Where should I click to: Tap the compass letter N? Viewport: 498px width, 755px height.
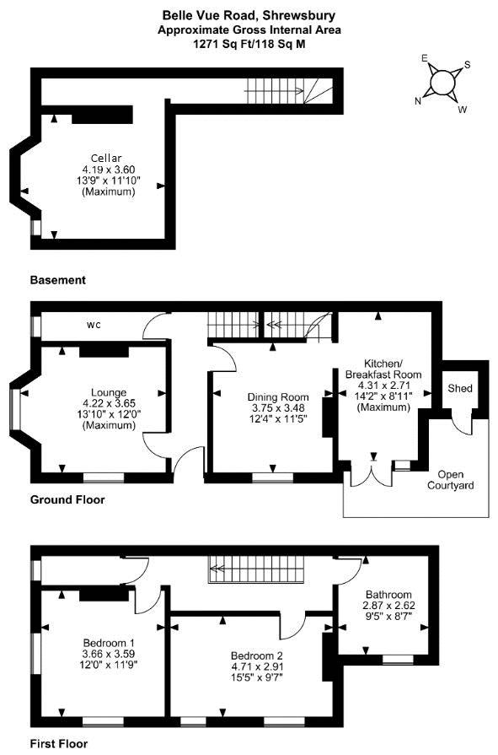418,100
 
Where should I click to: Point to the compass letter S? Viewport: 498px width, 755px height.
467,65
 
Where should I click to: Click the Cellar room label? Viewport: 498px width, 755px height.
106,158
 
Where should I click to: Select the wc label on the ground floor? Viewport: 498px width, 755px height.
94,325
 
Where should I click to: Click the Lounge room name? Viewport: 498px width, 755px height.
109,392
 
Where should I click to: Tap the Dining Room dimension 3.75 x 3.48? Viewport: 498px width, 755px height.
278,407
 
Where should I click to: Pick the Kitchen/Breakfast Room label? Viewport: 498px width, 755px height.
383,369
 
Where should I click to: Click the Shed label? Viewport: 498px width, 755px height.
460,388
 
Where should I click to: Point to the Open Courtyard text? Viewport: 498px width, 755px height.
450,480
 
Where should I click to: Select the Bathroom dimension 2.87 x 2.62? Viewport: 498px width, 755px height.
388,605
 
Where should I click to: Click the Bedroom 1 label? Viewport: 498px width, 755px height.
109,643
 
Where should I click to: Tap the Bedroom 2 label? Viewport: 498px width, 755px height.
256,655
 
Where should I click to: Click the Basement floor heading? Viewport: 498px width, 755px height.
58,280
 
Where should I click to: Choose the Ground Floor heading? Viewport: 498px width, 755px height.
67,499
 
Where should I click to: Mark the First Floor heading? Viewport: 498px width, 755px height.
59,744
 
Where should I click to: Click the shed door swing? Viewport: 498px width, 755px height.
462,423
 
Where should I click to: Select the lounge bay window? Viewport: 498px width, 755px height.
15,409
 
